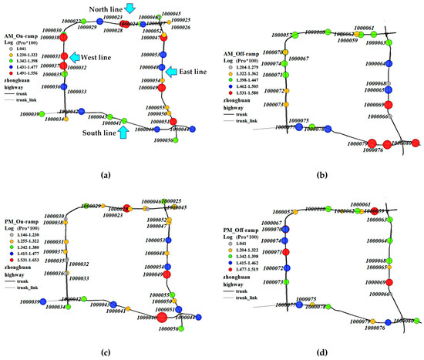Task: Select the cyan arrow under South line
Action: (x=130, y=132)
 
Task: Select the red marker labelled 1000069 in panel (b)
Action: (x=389, y=105)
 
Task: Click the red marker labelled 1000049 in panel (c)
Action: (x=166, y=273)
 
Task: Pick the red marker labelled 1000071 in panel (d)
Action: (x=286, y=253)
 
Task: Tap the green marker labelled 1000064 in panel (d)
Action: (x=389, y=241)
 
